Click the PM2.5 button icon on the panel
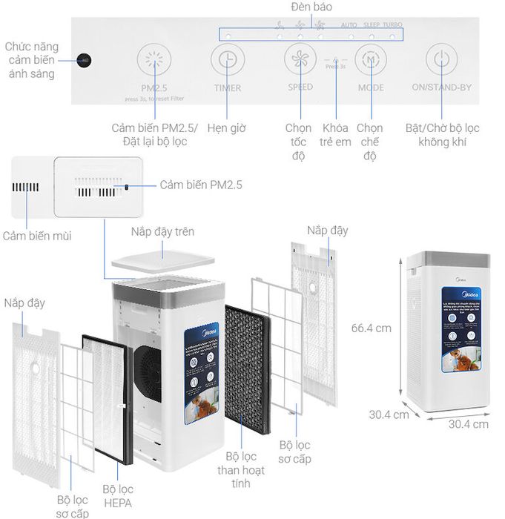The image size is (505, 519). [x=154, y=59]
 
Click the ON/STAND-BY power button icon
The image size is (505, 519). [x=441, y=59]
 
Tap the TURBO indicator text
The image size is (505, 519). [x=392, y=25]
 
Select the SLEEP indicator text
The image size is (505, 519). [x=371, y=25]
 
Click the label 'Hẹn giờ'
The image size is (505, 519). [x=227, y=128]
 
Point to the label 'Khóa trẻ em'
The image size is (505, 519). [x=336, y=135]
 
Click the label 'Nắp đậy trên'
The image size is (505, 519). [x=162, y=231]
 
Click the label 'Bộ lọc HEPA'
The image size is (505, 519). [x=118, y=496]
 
